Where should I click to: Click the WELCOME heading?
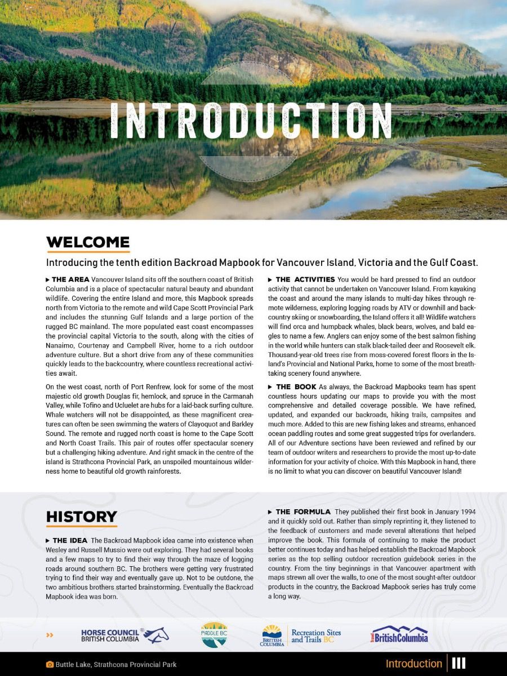pos(88,242)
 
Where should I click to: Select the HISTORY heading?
pos(82,517)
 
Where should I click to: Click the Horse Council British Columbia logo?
pos(124,635)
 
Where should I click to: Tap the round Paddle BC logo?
pos(214,635)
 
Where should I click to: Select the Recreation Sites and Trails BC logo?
pos(301,636)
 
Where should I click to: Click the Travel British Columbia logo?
pos(399,635)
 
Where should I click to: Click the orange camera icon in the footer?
pos(50,665)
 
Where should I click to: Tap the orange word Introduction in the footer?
pos(413,664)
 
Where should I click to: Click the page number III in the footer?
pos(459,664)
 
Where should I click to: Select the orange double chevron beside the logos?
pos(50,635)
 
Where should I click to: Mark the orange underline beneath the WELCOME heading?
pos(88,252)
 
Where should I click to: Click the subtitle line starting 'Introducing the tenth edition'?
pos(262,263)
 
